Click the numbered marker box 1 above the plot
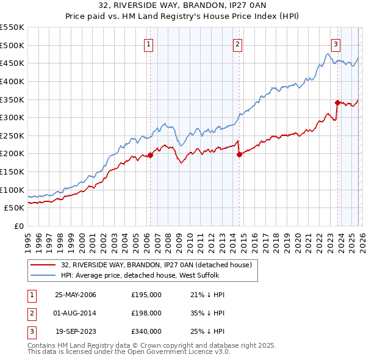tap(149, 43)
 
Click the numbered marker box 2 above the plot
tap(237, 43)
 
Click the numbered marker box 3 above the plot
tap(335, 43)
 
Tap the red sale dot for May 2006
tap(150, 155)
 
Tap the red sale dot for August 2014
tap(239, 154)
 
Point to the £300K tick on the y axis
tap(12, 117)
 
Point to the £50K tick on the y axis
tap(15, 208)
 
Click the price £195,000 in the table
tap(146, 295)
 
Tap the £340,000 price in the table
tap(146, 331)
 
